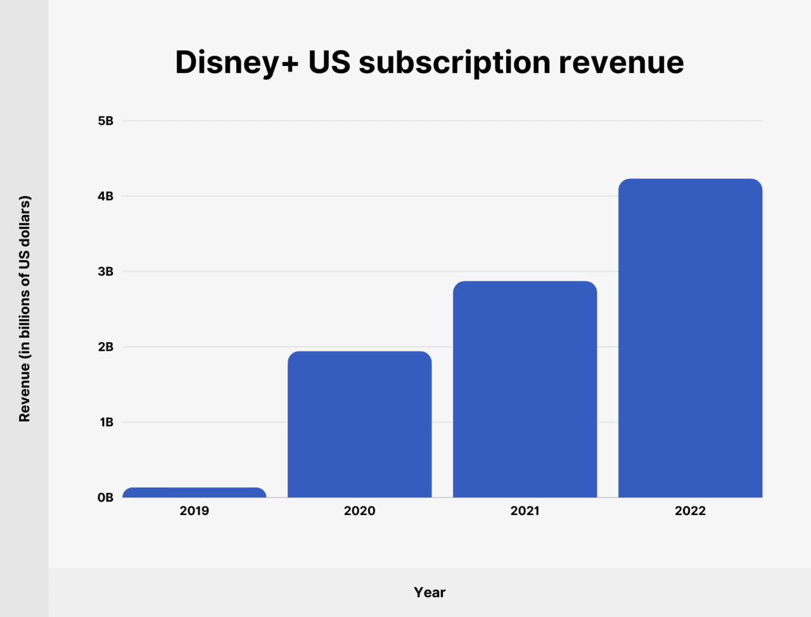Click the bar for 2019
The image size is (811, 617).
[194, 493]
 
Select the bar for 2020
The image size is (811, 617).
[359, 424]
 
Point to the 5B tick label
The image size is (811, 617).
[105, 120]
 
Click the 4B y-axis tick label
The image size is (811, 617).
[105, 197]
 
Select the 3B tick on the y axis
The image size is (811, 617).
[105, 271]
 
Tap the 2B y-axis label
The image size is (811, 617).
[105, 347]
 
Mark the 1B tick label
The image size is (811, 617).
[106, 422]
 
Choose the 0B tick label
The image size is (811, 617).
[105, 498]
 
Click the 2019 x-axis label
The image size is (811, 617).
[194, 511]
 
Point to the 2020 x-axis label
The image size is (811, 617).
[359, 511]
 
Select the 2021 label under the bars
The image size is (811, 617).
[525, 511]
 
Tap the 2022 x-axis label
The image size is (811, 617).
[690, 511]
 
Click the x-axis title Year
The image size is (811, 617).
[430, 592]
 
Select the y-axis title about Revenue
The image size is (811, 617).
[24, 309]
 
